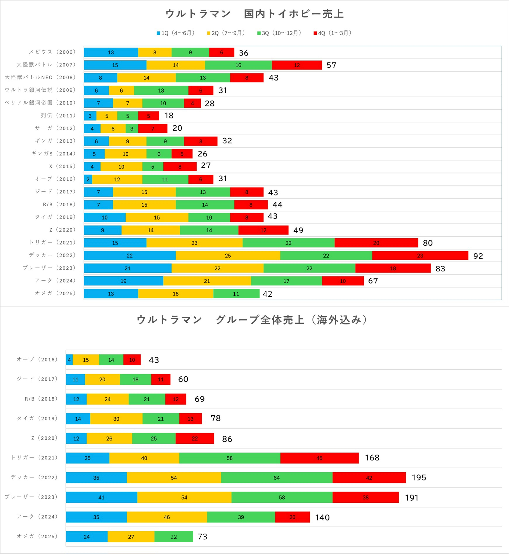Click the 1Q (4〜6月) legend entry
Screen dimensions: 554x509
[176, 33]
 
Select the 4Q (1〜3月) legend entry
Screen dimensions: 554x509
[333, 33]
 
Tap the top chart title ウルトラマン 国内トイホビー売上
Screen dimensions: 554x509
[254, 14]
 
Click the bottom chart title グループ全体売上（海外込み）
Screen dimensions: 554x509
[252, 320]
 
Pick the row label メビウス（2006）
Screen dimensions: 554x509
[52, 52]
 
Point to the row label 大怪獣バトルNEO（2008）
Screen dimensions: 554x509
[40, 77]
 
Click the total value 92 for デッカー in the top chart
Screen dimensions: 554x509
[478, 256]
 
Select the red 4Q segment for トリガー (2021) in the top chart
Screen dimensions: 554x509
[376, 243]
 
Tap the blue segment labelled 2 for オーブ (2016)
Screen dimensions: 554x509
[88, 179]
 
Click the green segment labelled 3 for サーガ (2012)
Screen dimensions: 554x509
[132, 128]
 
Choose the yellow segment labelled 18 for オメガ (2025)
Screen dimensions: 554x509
[176, 293]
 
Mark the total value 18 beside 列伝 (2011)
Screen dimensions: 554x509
[169, 116]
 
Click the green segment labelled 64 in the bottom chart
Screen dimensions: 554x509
[276, 478]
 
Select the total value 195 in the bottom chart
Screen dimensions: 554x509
[419, 477]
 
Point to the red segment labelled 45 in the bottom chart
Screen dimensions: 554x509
[319, 458]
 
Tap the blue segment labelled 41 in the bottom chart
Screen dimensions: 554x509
[101, 497]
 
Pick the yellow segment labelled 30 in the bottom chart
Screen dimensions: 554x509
[116, 419]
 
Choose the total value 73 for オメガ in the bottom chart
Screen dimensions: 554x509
[202, 536]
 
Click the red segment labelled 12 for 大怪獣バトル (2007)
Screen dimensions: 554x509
[297, 65]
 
